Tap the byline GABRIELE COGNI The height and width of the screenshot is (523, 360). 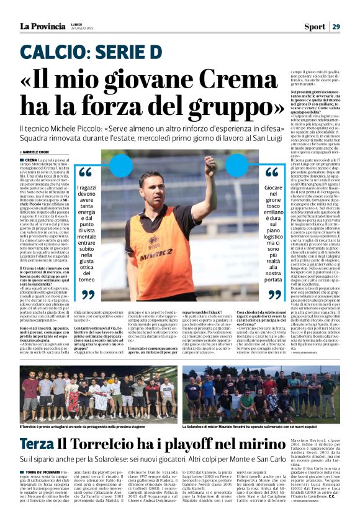37,152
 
